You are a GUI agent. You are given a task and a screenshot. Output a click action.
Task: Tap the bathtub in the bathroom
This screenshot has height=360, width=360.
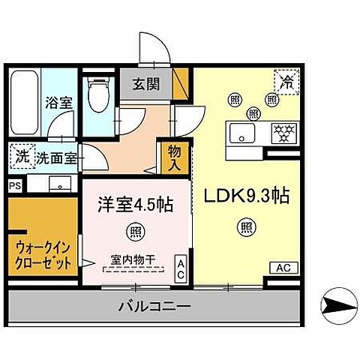[24, 100]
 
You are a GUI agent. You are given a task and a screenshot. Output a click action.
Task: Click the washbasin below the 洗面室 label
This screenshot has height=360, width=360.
[57, 184]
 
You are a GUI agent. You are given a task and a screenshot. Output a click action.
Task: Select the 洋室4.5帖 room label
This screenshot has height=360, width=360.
[136, 204]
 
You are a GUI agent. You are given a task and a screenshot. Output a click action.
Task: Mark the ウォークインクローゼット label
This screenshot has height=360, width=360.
[43, 253]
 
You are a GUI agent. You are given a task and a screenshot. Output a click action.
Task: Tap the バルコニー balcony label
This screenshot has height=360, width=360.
[154, 306]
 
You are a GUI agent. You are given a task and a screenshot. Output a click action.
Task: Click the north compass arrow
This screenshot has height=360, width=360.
[336, 304]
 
